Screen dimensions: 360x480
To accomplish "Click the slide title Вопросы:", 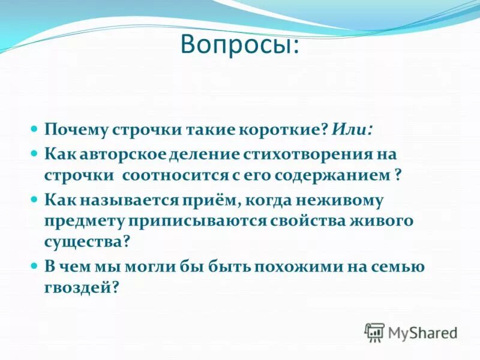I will [239, 46].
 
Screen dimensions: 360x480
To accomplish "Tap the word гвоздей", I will [78, 288].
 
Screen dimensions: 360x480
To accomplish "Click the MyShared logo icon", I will [375, 332].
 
